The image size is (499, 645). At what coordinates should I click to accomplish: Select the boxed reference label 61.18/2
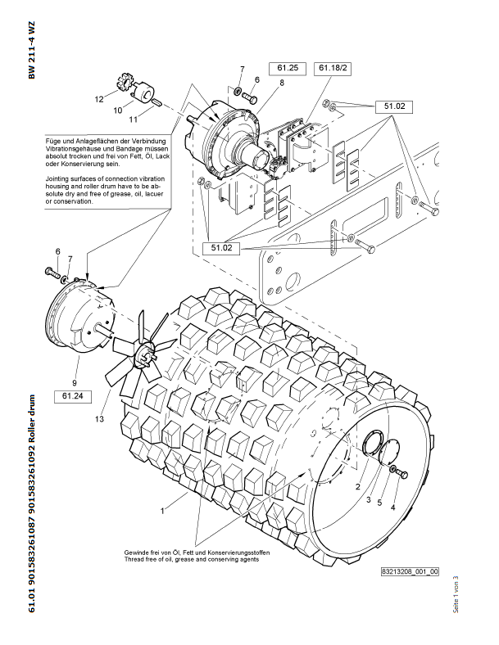(334, 67)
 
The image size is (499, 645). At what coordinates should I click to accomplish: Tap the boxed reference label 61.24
(69, 396)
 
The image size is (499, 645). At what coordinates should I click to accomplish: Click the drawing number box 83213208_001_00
(410, 571)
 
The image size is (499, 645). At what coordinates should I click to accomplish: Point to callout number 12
(98, 99)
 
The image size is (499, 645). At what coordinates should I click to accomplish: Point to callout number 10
(117, 109)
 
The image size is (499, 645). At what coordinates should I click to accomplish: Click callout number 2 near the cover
(357, 486)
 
